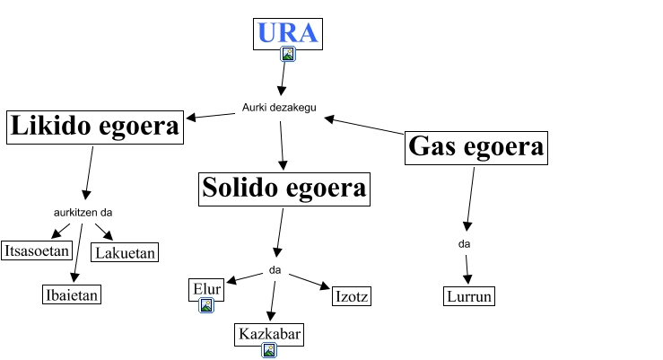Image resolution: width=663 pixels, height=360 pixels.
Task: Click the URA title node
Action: point(287,33)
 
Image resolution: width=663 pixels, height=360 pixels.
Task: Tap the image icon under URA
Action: point(288,54)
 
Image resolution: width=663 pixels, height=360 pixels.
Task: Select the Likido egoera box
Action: point(94,127)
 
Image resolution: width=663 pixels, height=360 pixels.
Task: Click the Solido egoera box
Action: point(284,188)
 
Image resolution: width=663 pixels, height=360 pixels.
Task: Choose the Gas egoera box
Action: point(475,147)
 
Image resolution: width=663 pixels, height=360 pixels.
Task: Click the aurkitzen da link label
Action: point(83,213)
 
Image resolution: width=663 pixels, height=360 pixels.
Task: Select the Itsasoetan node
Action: point(37,250)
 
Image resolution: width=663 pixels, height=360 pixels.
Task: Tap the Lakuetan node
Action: point(126,252)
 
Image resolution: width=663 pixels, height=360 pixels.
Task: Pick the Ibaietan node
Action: point(72,294)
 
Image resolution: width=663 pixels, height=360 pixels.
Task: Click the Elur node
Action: point(206,289)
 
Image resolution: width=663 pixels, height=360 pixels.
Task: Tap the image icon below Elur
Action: point(206,306)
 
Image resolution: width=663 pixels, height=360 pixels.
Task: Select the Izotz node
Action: point(351,296)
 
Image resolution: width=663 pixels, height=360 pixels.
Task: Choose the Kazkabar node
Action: point(269,335)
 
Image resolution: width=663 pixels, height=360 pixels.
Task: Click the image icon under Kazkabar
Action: point(268,351)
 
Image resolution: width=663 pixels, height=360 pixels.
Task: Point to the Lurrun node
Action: point(469,296)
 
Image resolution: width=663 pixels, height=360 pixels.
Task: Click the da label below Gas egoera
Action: point(464,243)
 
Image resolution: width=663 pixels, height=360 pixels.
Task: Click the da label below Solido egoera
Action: point(275,269)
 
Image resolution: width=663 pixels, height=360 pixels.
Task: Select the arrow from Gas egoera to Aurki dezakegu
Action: point(364,127)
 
